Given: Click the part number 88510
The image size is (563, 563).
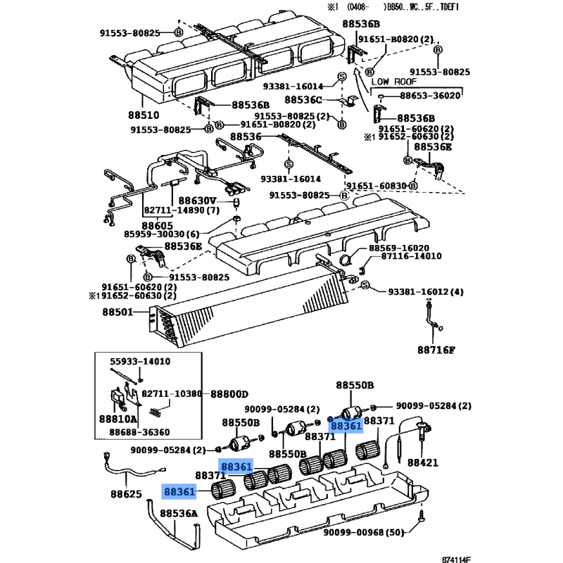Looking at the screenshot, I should (144, 115).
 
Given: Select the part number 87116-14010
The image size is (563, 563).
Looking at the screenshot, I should (410, 257).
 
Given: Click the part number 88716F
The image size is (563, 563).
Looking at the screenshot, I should (436, 349).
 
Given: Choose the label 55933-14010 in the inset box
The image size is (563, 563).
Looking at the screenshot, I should (140, 362).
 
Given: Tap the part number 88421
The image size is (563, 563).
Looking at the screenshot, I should (422, 462).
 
